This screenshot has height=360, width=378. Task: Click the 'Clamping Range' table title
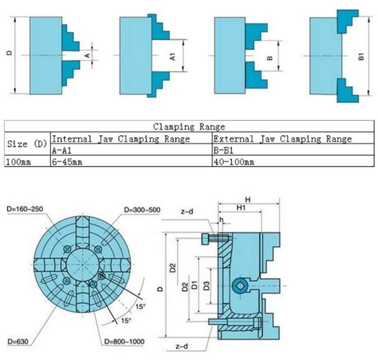coord(189,126)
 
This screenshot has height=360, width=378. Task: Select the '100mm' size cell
coord(18,162)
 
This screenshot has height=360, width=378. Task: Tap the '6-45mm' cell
coord(67,162)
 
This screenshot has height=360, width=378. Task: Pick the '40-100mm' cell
coord(234,162)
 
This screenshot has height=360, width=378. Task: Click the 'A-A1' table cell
coord(61,150)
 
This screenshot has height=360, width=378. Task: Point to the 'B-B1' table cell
coord(223,150)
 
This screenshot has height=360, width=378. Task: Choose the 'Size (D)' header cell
coord(27,144)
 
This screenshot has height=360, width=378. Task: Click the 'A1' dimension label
coord(172,57)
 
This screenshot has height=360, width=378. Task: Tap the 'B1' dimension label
coord(361,57)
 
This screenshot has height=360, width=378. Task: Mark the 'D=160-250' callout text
coord(25,209)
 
